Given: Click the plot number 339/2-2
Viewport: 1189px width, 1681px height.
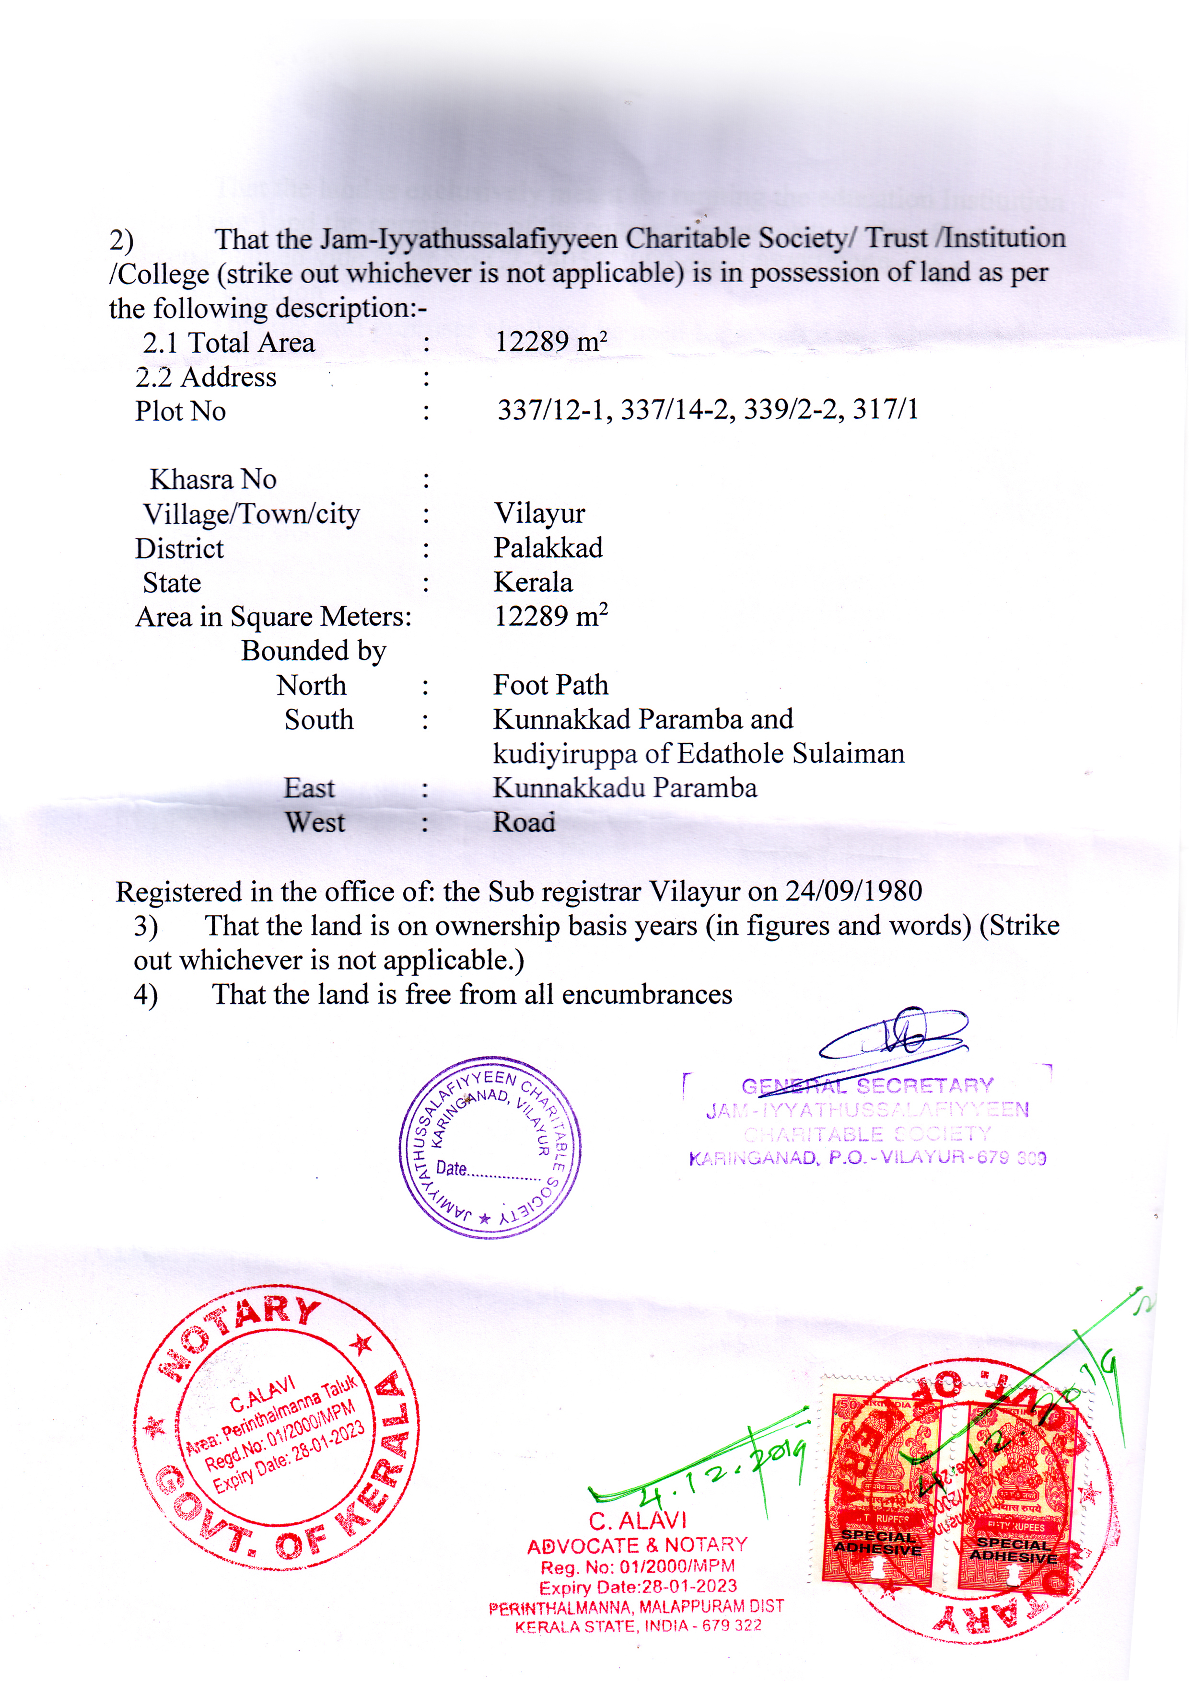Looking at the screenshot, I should pos(790,409).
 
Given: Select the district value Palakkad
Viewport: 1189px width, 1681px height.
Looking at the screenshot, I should pos(548,548).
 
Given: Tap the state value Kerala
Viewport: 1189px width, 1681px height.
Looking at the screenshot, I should pos(533,582).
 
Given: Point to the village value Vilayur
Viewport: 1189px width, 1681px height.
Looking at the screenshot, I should pos(539,513).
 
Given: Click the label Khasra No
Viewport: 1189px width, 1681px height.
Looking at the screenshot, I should pos(213,480).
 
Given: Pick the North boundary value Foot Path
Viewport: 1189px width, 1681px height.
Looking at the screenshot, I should pos(550,685).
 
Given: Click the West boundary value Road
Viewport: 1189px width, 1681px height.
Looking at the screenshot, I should pos(524,822).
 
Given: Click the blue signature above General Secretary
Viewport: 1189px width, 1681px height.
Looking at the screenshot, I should pos(894,1034).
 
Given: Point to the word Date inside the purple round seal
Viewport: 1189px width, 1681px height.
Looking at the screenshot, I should pos(451,1168).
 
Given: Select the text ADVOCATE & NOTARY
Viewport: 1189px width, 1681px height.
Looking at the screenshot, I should pos(637,1545).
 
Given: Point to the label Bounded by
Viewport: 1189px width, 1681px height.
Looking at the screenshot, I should pos(314,651).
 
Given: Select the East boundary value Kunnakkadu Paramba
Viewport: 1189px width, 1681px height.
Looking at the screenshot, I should pos(625,788).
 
